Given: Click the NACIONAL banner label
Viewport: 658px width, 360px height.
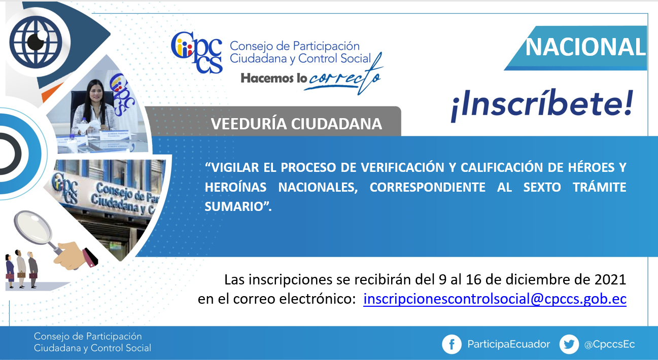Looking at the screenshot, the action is [x=585, y=47].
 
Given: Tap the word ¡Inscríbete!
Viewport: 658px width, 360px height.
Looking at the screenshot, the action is [x=542, y=105].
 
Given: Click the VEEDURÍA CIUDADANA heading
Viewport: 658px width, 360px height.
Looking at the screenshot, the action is [x=296, y=124].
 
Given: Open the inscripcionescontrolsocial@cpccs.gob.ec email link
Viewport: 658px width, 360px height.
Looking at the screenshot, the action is [x=495, y=299].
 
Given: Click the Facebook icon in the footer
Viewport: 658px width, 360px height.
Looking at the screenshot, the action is [x=452, y=344].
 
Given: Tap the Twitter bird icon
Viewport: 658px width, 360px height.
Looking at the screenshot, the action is [x=569, y=344].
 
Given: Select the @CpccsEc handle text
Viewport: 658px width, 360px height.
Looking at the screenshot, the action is [x=609, y=344].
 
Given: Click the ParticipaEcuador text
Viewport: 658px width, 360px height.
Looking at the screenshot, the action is [x=508, y=344].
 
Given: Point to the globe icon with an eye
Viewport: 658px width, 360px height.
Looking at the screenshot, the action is [x=36, y=42].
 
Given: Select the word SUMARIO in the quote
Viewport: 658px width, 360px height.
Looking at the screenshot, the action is [x=233, y=206].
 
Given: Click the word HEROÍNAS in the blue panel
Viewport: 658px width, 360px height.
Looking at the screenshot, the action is [x=235, y=187].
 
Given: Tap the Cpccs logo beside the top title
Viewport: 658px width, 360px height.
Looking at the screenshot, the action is [x=197, y=52].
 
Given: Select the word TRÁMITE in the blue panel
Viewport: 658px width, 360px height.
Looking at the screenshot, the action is [x=600, y=187].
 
